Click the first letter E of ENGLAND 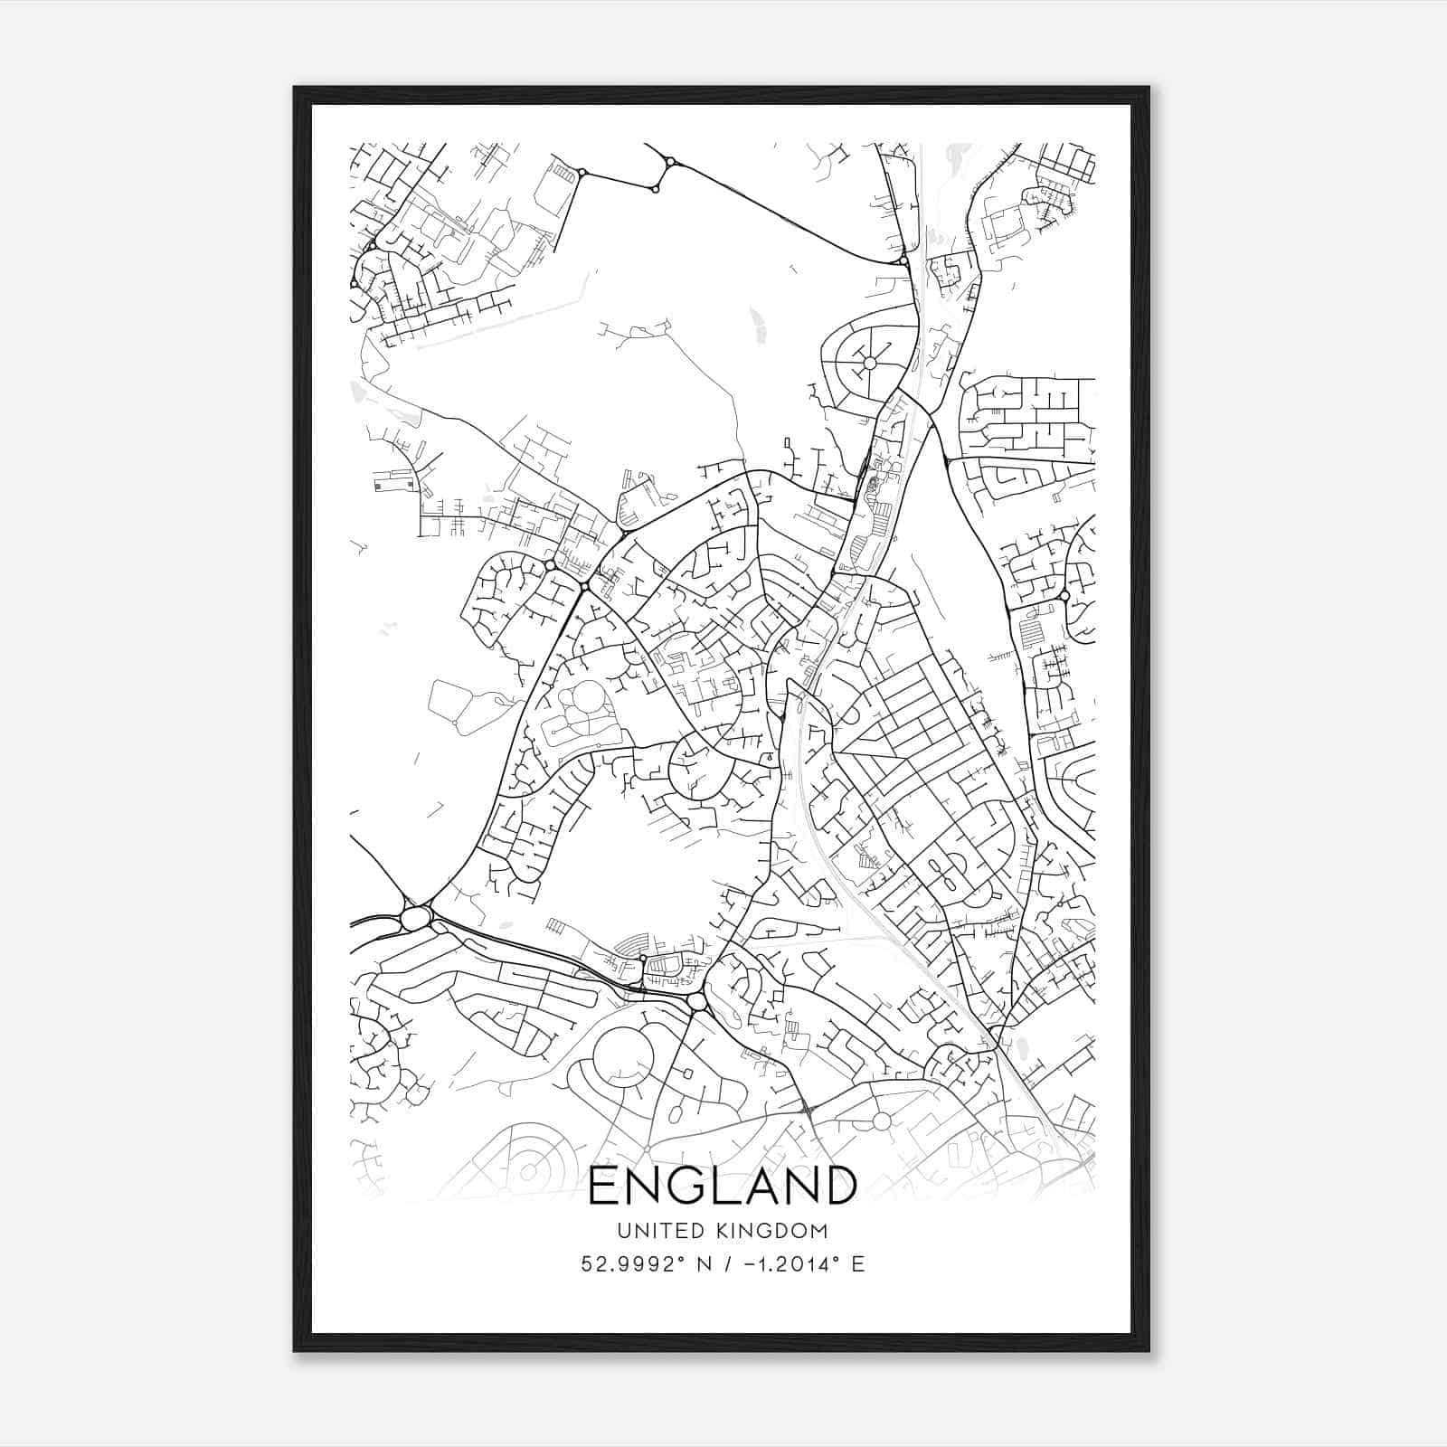coord(603,1186)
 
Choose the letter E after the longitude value coord(857,1263)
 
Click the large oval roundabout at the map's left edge coord(415,919)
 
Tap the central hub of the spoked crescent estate coord(870,363)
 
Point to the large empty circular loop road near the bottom coord(622,1058)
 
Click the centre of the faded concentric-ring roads coord(525,1170)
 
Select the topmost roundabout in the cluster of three coord(670,162)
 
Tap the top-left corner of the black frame coord(295,88)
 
